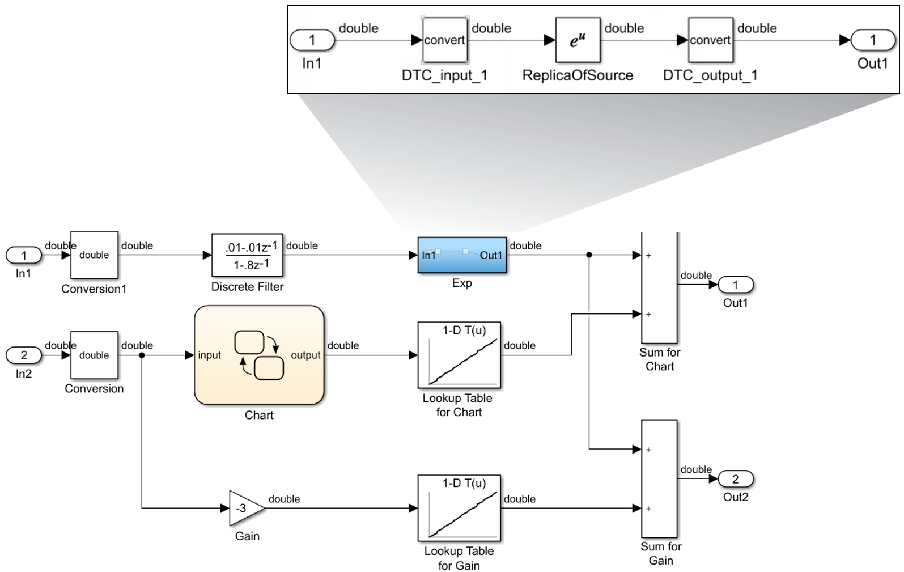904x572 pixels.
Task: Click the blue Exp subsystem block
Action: (x=462, y=255)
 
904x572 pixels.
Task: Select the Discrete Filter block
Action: (x=247, y=255)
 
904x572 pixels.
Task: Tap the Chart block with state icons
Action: (x=259, y=355)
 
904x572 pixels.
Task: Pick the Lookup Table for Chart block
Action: (x=459, y=355)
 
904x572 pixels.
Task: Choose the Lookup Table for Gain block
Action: (x=459, y=508)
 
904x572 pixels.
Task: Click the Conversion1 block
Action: (x=94, y=255)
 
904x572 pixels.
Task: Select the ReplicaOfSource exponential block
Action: (x=578, y=40)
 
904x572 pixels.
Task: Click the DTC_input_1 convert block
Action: (x=445, y=40)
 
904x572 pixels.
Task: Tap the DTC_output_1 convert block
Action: (x=710, y=40)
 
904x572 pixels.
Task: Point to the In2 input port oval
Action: (x=24, y=355)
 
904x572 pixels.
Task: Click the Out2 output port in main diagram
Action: (x=736, y=479)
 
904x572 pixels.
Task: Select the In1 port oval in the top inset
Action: (x=312, y=40)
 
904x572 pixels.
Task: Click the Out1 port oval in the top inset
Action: (x=873, y=40)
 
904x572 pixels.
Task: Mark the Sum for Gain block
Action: (x=659, y=478)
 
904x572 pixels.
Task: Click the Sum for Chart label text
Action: (x=660, y=359)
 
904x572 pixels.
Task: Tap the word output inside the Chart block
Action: (x=305, y=355)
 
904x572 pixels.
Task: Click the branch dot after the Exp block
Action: (x=589, y=255)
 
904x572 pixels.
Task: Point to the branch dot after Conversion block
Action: (x=142, y=355)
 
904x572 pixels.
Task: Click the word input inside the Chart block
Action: (x=209, y=355)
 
